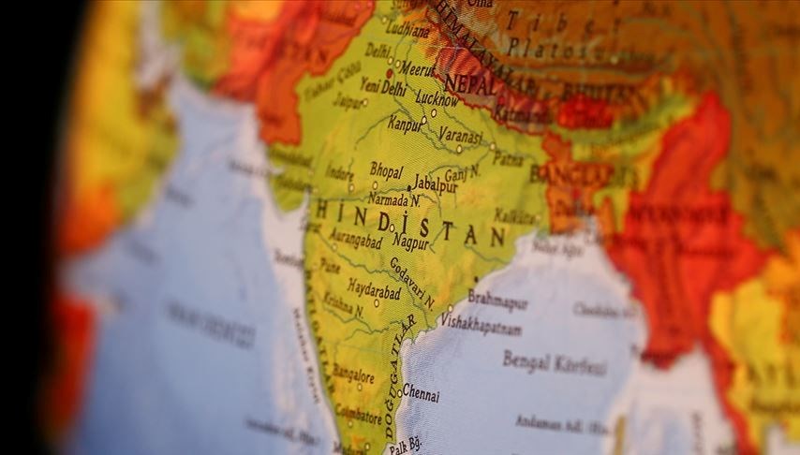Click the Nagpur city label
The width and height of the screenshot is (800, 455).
(411, 242)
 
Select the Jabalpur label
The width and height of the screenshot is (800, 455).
(434, 186)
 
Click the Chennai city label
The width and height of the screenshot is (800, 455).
(420, 394)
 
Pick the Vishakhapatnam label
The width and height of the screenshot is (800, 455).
(481, 321)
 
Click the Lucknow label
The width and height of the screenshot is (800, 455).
(437, 98)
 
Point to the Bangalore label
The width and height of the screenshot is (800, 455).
(352, 377)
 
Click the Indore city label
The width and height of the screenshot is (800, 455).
(339, 173)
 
